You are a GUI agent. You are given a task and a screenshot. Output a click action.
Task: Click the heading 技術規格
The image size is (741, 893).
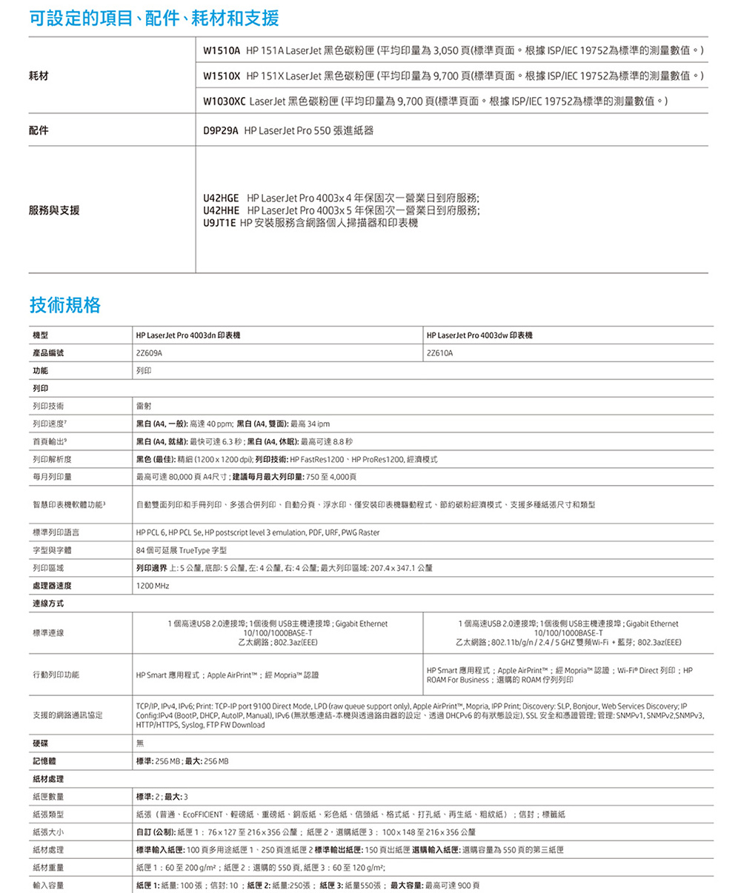click(x=65, y=304)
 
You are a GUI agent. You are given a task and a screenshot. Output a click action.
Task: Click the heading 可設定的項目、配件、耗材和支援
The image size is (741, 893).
click(x=155, y=18)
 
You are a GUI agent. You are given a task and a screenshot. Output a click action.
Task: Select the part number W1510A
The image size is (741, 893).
click(x=221, y=50)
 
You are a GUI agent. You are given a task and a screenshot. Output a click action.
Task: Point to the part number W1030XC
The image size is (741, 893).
click(x=225, y=101)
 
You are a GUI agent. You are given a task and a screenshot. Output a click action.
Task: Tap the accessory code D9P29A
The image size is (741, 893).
click(x=220, y=130)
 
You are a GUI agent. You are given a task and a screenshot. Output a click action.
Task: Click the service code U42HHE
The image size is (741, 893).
click(x=220, y=211)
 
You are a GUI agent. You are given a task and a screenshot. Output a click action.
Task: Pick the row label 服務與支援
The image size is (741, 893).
click(x=54, y=210)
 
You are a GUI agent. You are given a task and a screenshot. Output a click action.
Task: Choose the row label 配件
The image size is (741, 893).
click(x=40, y=130)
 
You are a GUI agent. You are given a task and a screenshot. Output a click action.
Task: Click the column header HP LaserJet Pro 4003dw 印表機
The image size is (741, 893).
click(x=479, y=336)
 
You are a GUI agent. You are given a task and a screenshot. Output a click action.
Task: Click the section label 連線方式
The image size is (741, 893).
click(x=47, y=604)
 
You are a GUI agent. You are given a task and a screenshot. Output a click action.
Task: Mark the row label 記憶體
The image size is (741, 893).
click(x=43, y=761)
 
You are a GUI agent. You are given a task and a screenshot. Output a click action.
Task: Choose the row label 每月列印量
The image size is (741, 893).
click(x=52, y=475)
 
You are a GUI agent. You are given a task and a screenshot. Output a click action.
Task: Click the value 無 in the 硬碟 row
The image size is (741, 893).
click(x=139, y=743)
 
